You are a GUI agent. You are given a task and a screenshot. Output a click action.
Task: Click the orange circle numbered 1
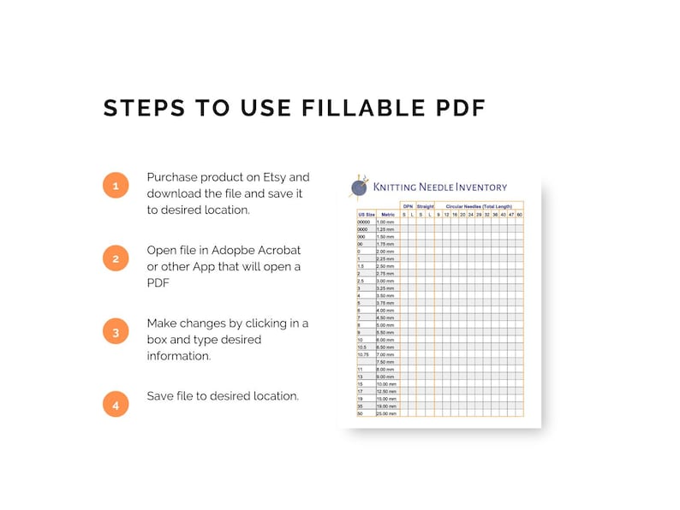pyautogui.click(x=116, y=185)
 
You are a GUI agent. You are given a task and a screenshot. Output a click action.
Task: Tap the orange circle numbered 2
pyautogui.click(x=116, y=258)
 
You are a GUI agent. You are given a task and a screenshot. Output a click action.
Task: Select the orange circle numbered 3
pyautogui.click(x=116, y=332)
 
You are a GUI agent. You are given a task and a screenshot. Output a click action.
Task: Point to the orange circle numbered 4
pyautogui.click(x=116, y=404)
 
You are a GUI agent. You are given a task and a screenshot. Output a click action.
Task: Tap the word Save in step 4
pyautogui.click(x=160, y=396)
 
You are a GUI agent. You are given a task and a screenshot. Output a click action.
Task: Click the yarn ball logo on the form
pyautogui.click(x=359, y=187)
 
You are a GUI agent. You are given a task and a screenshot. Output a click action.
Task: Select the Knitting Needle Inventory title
pyautogui.click(x=439, y=187)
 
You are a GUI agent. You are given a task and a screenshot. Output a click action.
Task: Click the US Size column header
pyautogui.click(x=366, y=214)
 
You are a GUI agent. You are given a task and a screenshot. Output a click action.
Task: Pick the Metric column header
pyautogui.click(x=387, y=214)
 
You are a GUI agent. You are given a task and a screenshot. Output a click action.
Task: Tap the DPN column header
pyautogui.click(x=408, y=206)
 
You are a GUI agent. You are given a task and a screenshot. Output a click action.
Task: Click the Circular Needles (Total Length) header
pyautogui.click(x=479, y=206)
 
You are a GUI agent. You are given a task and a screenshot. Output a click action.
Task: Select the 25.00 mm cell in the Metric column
pyautogui.click(x=387, y=413)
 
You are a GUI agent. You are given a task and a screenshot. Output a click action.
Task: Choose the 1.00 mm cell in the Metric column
pyautogui.click(x=387, y=222)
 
